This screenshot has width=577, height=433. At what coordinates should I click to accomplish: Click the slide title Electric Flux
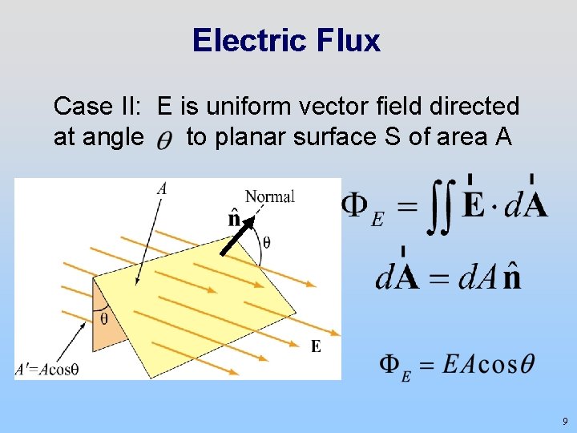286,40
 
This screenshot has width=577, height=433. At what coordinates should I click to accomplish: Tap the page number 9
565,421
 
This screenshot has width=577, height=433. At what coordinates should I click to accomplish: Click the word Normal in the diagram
269,196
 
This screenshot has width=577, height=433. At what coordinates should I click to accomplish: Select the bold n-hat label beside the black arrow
235,217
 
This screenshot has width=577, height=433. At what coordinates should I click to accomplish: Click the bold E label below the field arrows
316,346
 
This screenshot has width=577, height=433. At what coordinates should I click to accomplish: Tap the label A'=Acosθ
46,370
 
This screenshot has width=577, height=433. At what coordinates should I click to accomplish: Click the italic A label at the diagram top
162,189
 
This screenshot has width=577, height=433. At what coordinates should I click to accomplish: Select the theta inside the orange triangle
103,319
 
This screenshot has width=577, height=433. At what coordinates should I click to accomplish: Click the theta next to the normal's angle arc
267,241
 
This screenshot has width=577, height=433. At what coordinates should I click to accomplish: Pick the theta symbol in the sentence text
163,140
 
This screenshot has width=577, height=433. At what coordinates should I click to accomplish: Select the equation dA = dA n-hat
449,277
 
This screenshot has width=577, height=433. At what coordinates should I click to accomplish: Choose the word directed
476,106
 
